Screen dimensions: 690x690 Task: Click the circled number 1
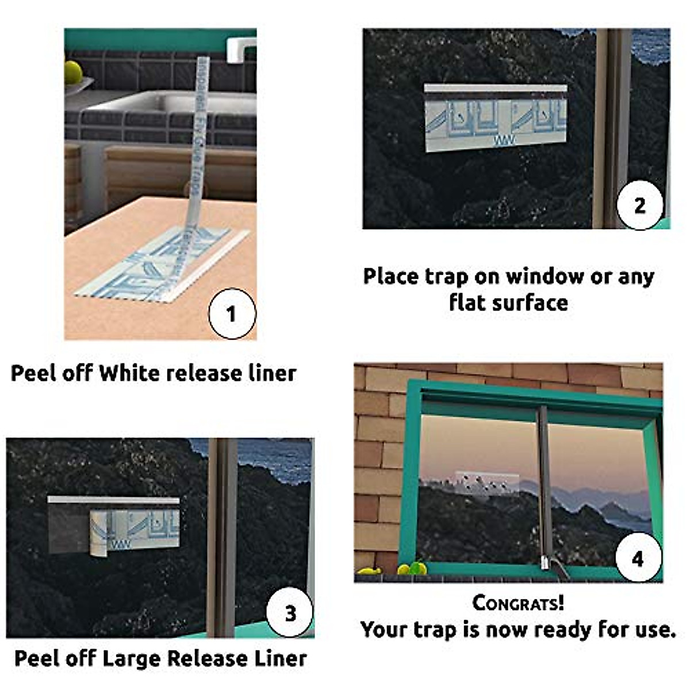pos(231,314)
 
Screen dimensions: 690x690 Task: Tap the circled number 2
pos(639,205)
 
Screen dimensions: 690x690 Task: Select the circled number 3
pos(290,613)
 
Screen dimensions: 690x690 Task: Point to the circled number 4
pos(638,558)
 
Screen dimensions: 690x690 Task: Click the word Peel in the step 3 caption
pos(36,658)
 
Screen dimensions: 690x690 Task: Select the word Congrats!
pos(518,603)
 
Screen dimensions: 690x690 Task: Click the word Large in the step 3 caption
pos(132,658)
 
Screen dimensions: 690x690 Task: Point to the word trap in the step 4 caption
pos(440,630)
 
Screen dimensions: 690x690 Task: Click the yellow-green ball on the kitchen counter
pos(73,71)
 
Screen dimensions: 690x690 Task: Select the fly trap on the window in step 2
pos(496,118)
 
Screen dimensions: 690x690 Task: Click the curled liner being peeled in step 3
pos(99,534)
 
